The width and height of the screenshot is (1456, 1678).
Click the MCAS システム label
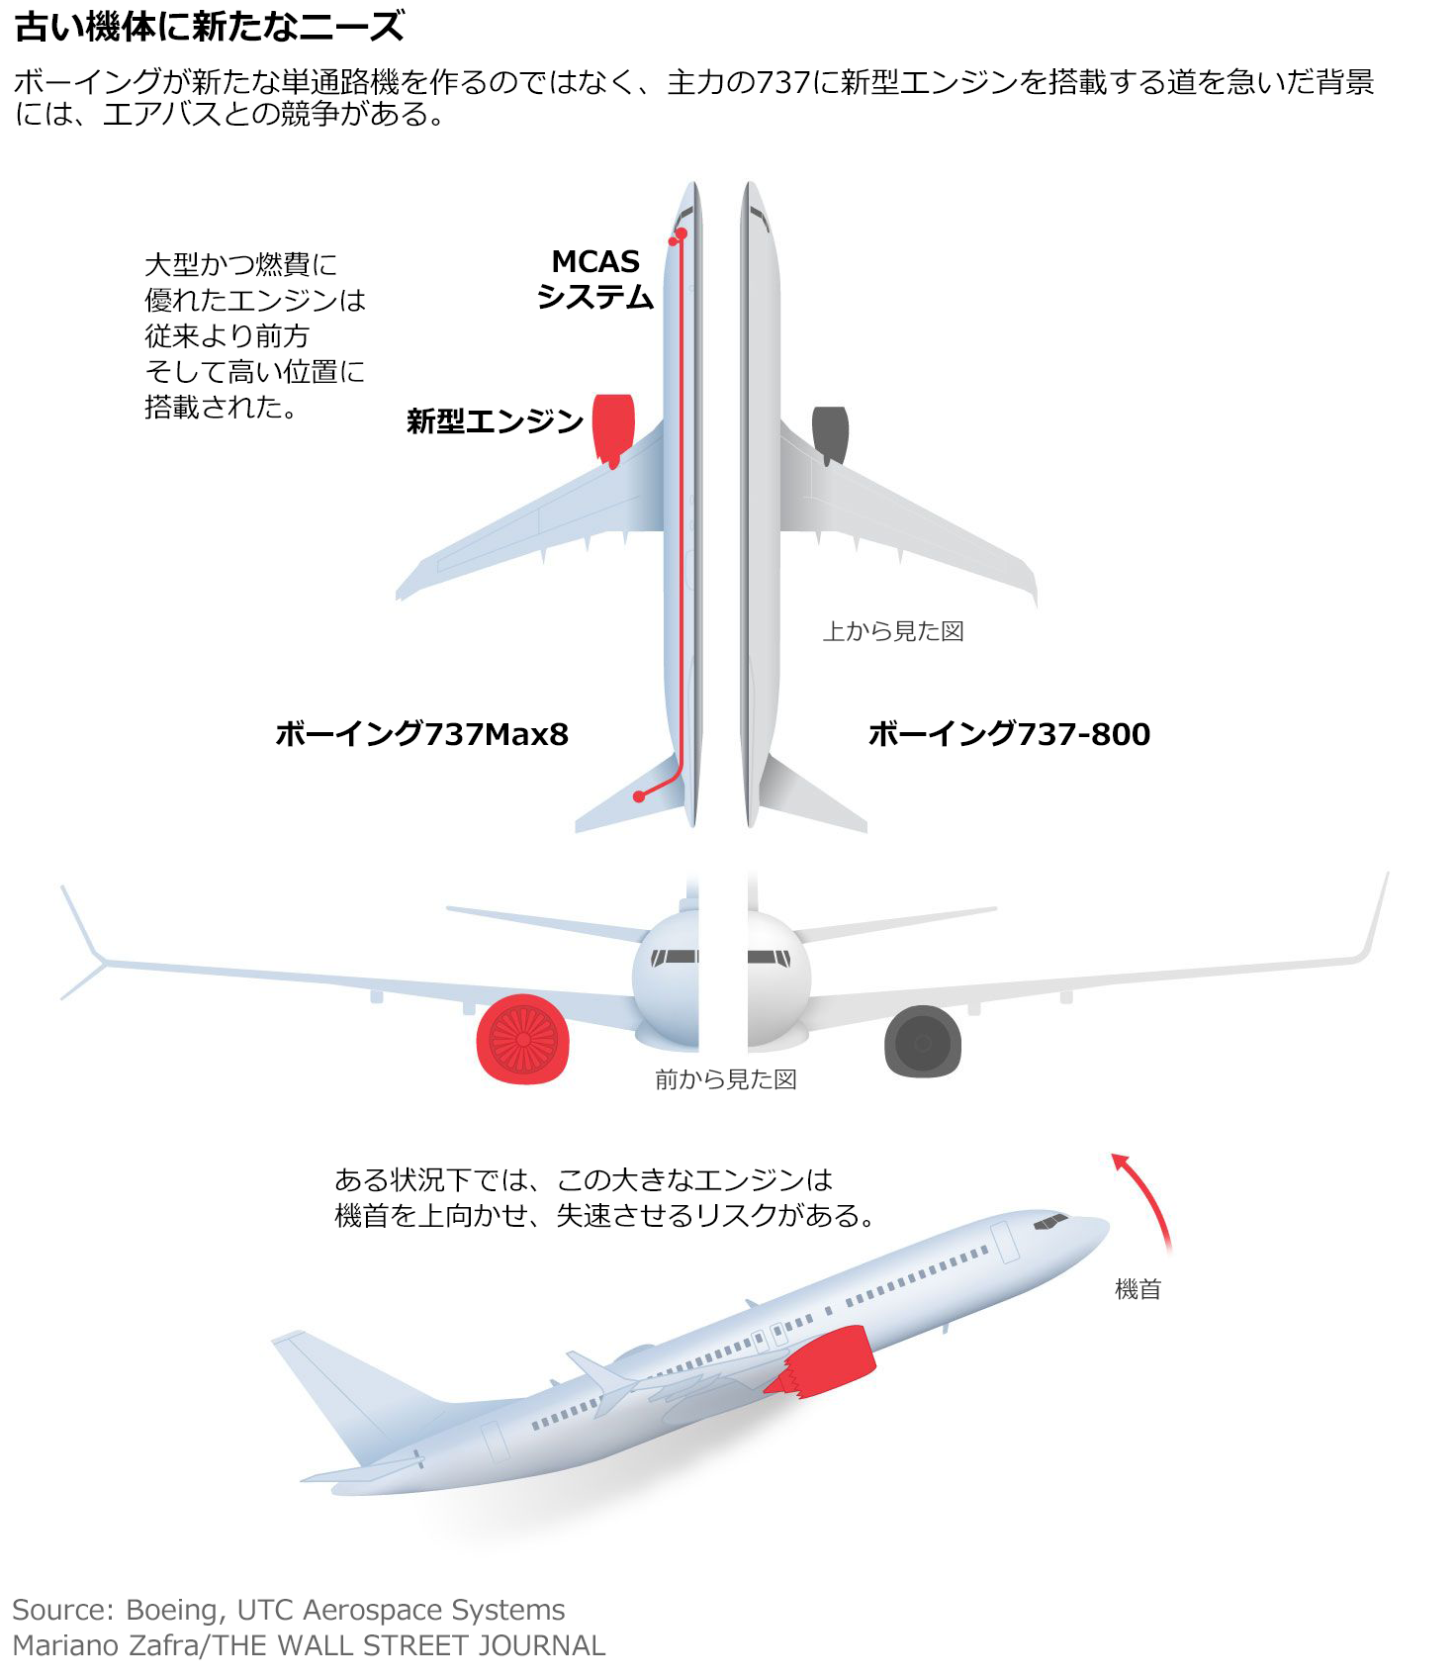[595, 279]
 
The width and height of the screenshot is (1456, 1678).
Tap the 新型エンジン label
[495, 421]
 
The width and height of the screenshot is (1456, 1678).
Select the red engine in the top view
[613, 429]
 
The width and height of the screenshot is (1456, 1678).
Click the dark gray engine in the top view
[831, 434]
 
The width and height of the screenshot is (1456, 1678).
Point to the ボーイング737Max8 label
[422, 734]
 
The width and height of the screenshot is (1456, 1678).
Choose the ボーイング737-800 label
[1009, 734]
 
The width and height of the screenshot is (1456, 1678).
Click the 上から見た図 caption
[893, 631]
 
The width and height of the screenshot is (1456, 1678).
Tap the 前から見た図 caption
[726, 1079]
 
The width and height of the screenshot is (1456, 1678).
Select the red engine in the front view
[523, 1039]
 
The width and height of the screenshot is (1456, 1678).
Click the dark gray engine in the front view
[922, 1042]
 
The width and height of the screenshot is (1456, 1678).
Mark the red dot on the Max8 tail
[639, 796]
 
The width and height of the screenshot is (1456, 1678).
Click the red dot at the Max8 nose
[681, 233]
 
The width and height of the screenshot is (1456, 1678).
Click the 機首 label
[1137, 1289]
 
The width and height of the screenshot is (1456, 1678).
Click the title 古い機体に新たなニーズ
[210, 27]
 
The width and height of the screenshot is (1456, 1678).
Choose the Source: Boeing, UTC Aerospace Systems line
[289, 1610]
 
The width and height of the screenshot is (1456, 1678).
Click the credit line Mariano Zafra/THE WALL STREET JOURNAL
[309, 1645]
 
